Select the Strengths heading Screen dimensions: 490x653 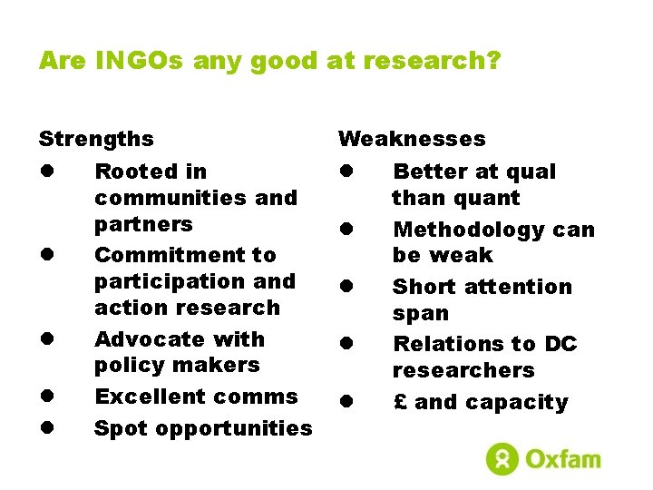96,140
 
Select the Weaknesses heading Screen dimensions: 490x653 412,140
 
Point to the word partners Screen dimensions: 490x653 143,224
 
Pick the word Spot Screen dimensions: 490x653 118,428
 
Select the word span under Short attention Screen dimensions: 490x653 420,313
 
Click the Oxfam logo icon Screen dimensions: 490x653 502,458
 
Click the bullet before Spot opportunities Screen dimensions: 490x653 44,428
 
